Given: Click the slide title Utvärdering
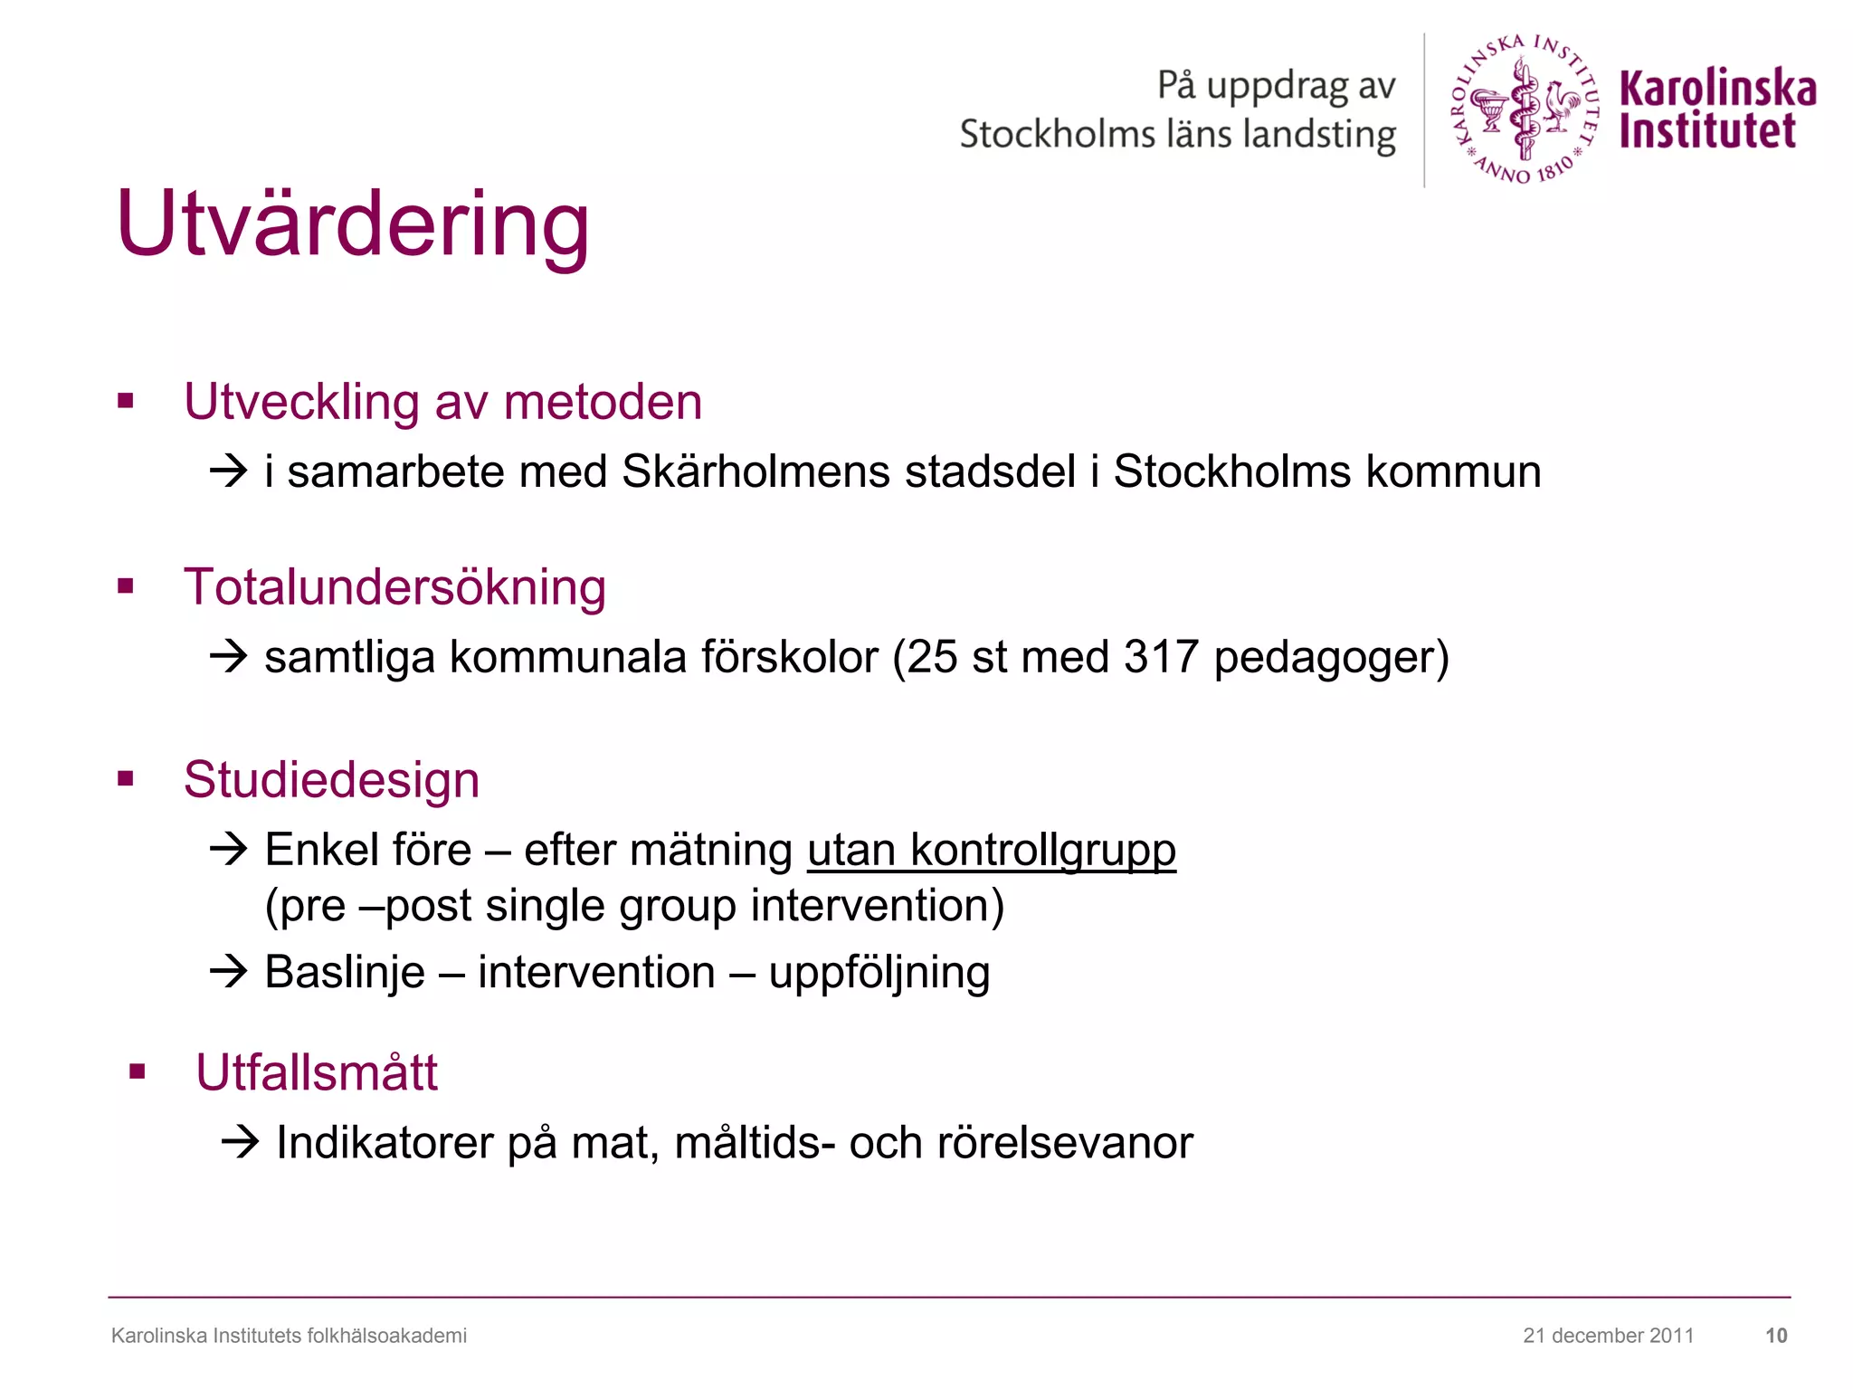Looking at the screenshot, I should click(x=353, y=224).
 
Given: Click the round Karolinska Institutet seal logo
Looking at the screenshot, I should click(x=1525, y=109).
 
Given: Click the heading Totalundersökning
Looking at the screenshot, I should click(x=394, y=587).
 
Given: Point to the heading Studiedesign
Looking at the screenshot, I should click(x=331, y=780).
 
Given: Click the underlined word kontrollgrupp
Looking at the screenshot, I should click(x=1042, y=851).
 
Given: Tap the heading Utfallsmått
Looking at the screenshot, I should click(x=317, y=1073).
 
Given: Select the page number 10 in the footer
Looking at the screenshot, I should click(x=1776, y=1336).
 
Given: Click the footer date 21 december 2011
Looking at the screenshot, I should click(x=1608, y=1336).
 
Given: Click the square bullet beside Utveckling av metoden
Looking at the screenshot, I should click(x=126, y=401).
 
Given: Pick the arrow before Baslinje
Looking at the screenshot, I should click(x=228, y=973).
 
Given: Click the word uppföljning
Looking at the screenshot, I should click(x=879, y=974).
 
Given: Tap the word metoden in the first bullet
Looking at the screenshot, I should click(x=603, y=402).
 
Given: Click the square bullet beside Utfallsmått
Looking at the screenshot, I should click(x=138, y=1073).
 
